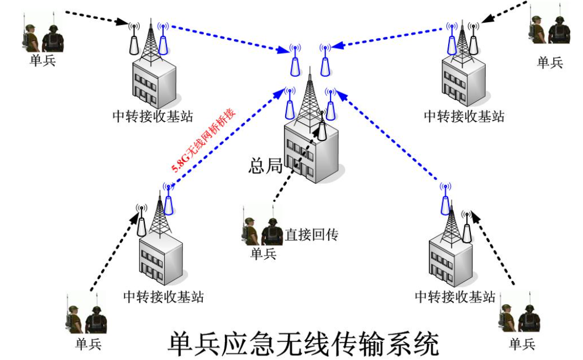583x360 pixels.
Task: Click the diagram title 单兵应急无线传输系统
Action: click(303, 343)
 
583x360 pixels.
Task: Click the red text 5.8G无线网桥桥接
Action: click(203, 142)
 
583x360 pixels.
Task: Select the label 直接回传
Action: click(311, 235)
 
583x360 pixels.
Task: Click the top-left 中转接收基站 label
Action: click(153, 117)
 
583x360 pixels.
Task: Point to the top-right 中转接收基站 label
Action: click(464, 117)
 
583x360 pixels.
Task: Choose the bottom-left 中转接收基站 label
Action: click(163, 297)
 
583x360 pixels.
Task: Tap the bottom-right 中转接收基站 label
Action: click(455, 297)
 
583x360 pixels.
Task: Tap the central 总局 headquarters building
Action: click(309, 152)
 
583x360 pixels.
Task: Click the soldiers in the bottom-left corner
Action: click(87, 319)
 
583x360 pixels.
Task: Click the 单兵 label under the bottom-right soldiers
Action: click(522, 344)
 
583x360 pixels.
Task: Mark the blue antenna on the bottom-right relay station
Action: click(444, 204)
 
